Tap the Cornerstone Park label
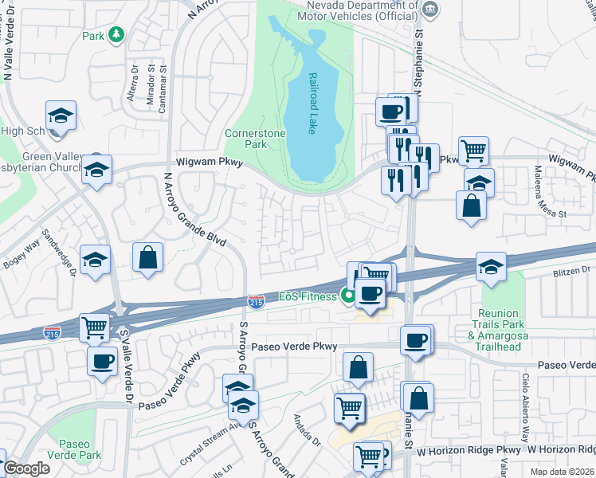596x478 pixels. pos(245,139)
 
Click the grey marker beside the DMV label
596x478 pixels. pos(430,10)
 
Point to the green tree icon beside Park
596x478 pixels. pos(116,34)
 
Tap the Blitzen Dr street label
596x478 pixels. pos(571,271)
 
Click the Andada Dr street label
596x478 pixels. pos(305,430)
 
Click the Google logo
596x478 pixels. pos(26,468)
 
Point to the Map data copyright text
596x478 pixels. pos(561,471)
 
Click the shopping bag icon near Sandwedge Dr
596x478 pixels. pos(148,257)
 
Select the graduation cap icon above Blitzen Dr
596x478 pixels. pos(492,266)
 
